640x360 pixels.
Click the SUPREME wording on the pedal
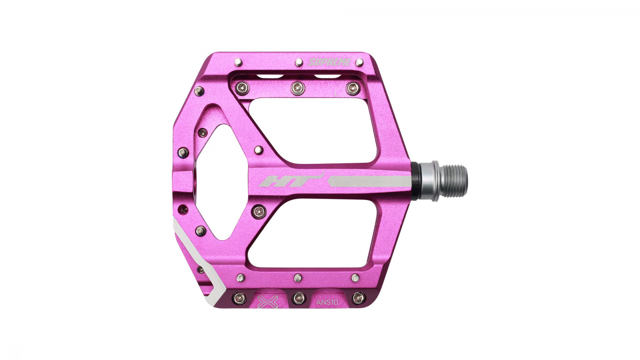330,62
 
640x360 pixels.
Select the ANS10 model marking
327,303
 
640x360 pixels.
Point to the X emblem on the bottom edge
264,302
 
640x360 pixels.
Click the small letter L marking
336,93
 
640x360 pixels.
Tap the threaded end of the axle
453,181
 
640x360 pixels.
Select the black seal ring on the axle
415,181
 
